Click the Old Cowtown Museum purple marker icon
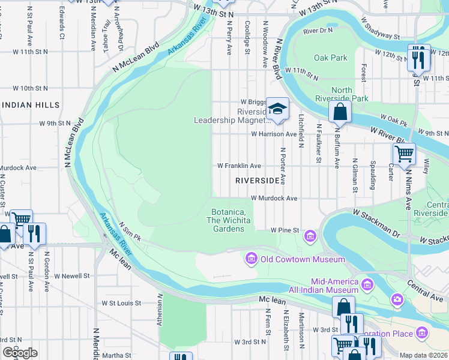(x=251, y=259)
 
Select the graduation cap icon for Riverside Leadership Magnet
(x=277, y=109)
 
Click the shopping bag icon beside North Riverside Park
(x=340, y=111)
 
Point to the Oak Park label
(x=330, y=58)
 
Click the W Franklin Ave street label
(x=239, y=166)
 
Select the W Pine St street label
(x=285, y=230)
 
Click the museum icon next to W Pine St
(x=310, y=235)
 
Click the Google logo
(x=20, y=353)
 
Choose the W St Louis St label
(x=121, y=304)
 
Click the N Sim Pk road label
(x=129, y=230)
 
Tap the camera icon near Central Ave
(x=397, y=299)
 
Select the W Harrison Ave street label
(x=274, y=134)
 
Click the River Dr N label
(x=318, y=30)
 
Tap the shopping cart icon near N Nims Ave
(x=404, y=154)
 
